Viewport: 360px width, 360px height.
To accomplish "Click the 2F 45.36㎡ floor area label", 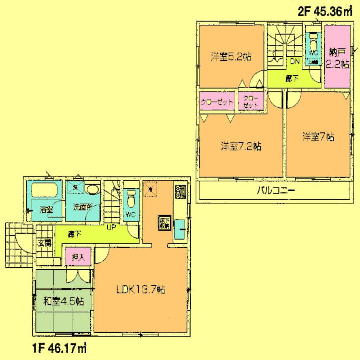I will point(325,11).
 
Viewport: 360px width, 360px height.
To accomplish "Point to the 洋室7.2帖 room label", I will point(241,146).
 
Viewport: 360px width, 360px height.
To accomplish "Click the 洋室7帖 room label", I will point(318,137).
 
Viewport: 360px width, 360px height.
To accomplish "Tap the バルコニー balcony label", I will point(275,190).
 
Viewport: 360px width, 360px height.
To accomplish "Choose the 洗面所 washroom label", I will point(83,207).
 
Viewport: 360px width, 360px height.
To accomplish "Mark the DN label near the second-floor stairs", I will point(294,61).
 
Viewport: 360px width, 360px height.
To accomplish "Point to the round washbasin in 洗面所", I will point(93,190).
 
